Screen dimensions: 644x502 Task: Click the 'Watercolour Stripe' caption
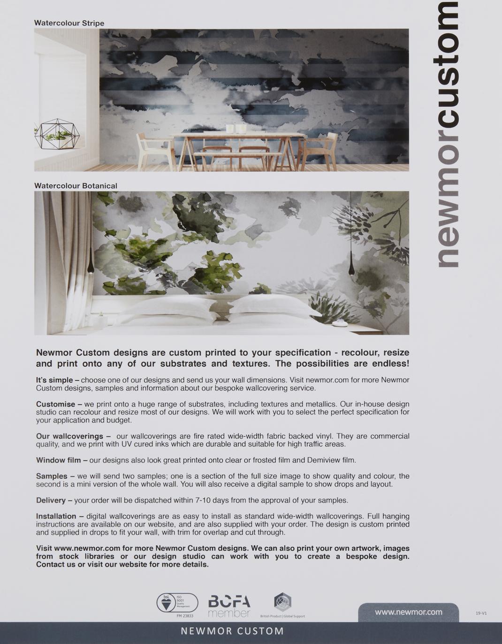pyautogui.click(x=69, y=23)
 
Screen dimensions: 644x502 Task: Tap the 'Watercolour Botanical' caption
pyautogui.click(x=76, y=186)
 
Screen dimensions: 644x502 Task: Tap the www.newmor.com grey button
pyautogui.click(x=408, y=612)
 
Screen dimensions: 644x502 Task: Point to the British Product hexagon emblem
pyautogui.click(x=282, y=602)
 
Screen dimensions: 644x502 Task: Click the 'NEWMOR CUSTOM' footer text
pyautogui.click(x=232, y=631)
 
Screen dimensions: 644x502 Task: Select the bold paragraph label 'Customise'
pyautogui.click(x=55, y=404)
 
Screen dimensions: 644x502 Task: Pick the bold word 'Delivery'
pyautogui.click(x=51, y=500)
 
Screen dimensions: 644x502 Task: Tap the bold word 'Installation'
pyautogui.click(x=56, y=516)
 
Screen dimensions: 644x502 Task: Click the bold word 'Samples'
pyautogui.click(x=52, y=476)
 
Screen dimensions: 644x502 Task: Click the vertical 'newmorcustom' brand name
pyautogui.click(x=448, y=136)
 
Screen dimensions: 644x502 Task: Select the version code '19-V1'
pyautogui.click(x=481, y=613)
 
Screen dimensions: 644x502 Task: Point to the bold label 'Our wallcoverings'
pyautogui.click(x=69, y=436)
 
